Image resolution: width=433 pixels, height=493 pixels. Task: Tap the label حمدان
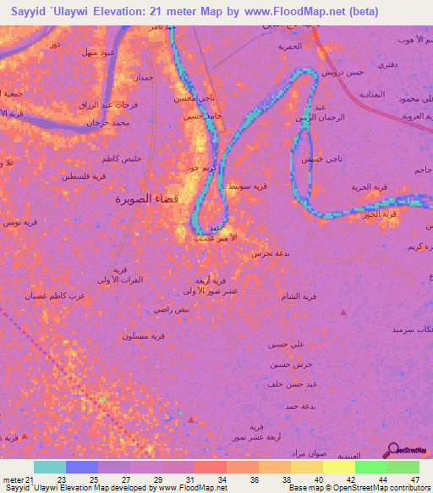[x=143, y=78]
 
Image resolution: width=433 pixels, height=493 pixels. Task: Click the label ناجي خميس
[x=323, y=159]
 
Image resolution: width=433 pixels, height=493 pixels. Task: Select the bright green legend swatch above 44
[x=371, y=467]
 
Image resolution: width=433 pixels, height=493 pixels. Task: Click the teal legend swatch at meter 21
[x=49, y=467]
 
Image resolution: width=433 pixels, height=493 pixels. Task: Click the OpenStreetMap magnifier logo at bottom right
[x=394, y=450]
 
